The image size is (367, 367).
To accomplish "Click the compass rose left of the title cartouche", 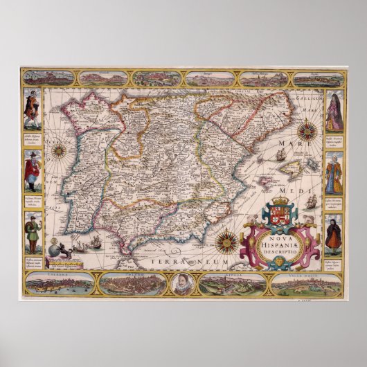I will point(224,242).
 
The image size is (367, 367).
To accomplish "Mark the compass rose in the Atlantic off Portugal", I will point(59,150).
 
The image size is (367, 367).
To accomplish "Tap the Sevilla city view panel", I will point(231,283).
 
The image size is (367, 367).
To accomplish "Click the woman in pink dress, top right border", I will point(334,112).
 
